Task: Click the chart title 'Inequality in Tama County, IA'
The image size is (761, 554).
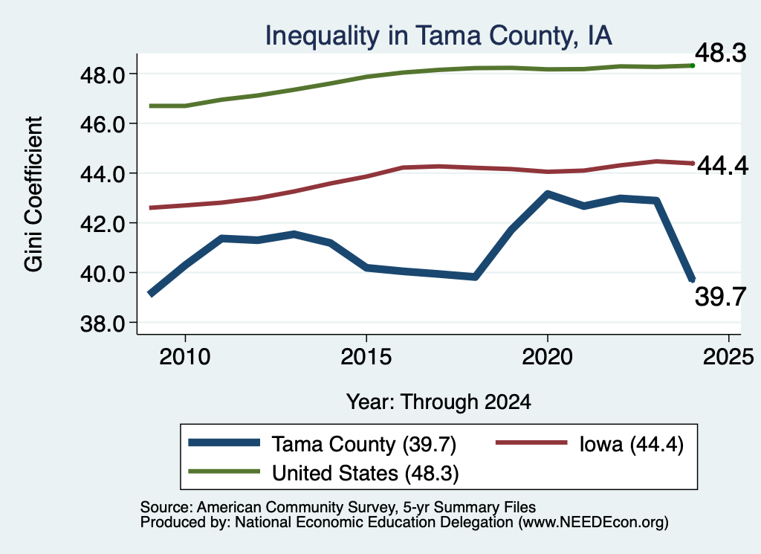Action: tap(438, 36)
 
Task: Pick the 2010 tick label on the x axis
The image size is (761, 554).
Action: tap(185, 357)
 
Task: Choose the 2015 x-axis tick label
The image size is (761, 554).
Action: tap(366, 357)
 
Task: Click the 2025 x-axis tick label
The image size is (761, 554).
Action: tap(728, 357)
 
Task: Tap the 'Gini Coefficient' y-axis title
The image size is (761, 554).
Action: tap(33, 194)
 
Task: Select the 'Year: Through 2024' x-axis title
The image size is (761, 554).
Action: tap(438, 402)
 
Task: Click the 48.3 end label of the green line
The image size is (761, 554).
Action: tap(720, 53)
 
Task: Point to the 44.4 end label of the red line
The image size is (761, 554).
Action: tap(722, 166)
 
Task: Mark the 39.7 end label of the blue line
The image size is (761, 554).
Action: tap(720, 297)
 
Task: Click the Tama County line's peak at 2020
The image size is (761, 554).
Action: tap(548, 194)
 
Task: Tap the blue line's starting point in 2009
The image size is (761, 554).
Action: tap(150, 294)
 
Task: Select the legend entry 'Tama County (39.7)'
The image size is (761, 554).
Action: tap(323, 444)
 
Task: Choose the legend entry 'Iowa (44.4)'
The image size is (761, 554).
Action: tap(589, 444)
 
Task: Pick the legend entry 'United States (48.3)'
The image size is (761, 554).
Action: tap(324, 473)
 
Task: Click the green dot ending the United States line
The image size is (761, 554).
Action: tap(693, 65)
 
